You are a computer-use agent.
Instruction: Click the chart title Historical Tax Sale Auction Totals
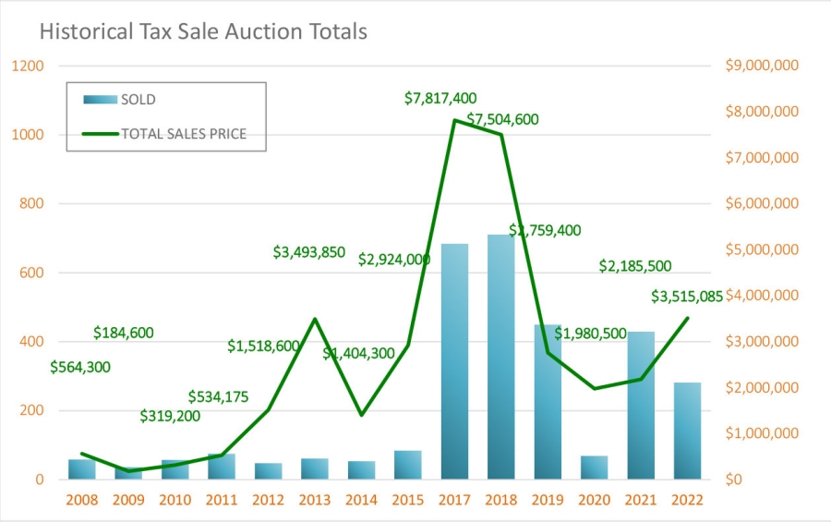[x=203, y=31]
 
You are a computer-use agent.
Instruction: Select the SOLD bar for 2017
[x=454, y=361]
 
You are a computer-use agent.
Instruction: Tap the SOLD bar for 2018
[x=501, y=357]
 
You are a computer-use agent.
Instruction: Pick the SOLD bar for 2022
[x=687, y=431]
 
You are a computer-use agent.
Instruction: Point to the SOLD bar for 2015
[x=407, y=465]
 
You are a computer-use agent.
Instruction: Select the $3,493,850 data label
[x=321, y=251]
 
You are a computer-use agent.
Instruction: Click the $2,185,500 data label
[x=635, y=266]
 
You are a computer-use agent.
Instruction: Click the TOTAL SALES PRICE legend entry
[x=184, y=133]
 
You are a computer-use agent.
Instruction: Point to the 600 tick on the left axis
[x=33, y=273]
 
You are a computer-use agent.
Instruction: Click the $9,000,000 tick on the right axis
[x=761, y=66]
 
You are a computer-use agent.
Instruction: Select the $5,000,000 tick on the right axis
[x=761, y=249]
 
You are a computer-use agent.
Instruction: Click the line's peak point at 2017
[x=454, y=120]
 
